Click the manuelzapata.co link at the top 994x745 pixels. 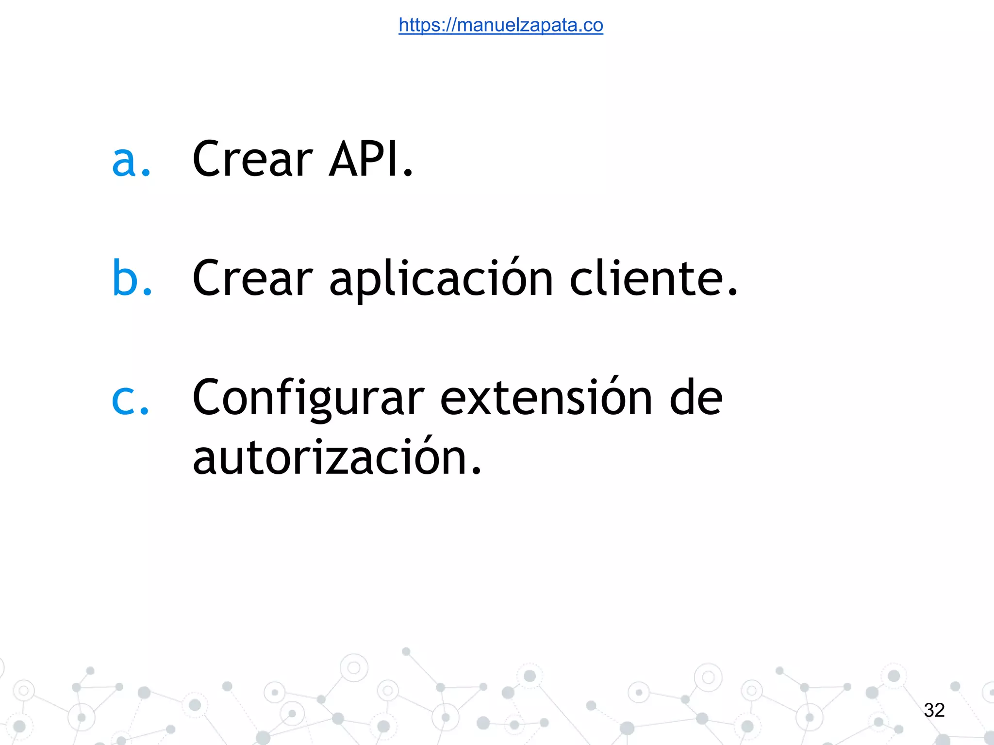tap(500, 25)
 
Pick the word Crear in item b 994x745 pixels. tap(252, 278)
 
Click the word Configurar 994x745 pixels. tap(309, 398)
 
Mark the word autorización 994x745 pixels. tap(330, 457)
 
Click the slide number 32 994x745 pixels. tap(934, 710)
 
